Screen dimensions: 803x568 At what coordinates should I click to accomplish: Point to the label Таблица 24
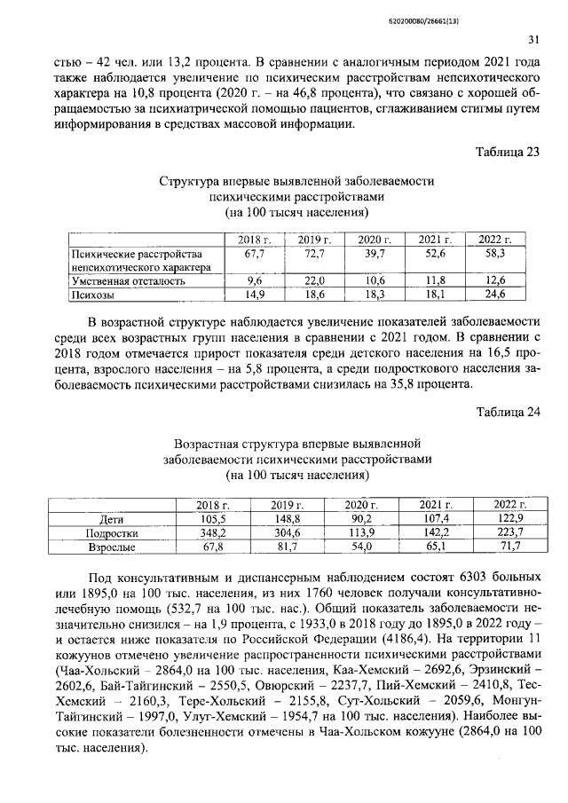coord(509,412)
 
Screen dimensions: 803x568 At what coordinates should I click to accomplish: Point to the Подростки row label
coord(110,533)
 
